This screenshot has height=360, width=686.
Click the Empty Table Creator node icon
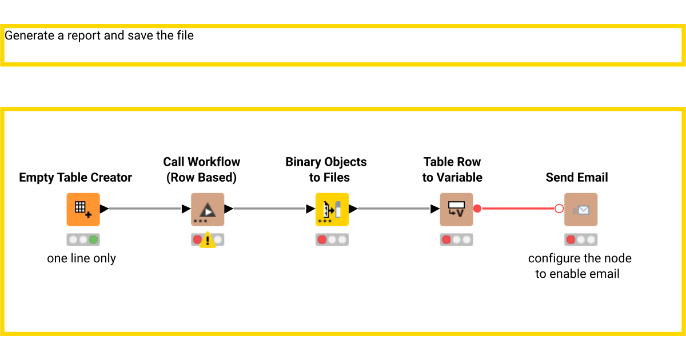[83, 209]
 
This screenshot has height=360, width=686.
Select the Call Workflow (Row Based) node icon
[208, 209]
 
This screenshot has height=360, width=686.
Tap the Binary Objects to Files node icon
[332, 209]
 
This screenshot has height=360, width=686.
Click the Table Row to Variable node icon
[456, 209]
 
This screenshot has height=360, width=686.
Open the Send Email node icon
[581, 209]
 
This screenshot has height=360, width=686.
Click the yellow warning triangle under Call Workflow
[208, 239]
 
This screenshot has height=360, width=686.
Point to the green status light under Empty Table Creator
[93, 239]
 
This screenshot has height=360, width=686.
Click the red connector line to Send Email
[517, 209]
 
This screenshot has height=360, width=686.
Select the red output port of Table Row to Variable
[477, 209]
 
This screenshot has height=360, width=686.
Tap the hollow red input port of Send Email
[559, 209]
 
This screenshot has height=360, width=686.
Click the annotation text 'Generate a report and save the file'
[99, 35]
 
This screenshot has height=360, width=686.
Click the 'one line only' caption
[81, 258]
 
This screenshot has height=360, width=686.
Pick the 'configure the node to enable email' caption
[579, 266]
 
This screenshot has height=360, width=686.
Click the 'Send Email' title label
[577, 177]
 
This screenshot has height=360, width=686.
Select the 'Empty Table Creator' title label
[75, 177]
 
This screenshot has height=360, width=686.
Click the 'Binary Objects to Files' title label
[326, 170]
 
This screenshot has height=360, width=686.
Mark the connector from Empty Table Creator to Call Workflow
[145, 209]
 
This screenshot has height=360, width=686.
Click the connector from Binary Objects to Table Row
[394, 209]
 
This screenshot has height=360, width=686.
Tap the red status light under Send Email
[571, 239]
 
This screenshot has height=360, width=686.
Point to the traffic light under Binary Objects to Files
[332, 239]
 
